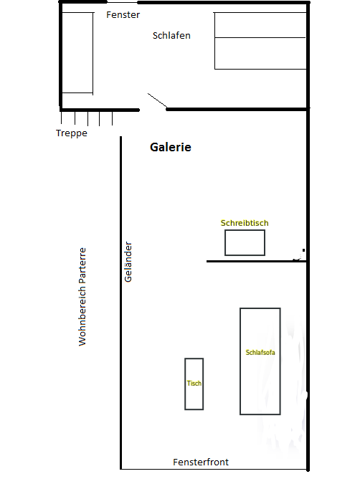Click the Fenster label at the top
tap(123, 15)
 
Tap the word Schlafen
tap(171, 35)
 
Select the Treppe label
tap(72, 133)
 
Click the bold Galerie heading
tap(171, 147)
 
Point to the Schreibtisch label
tap(245, 223)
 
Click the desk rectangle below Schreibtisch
tap(245, 242)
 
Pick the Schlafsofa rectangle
tap(260, 380)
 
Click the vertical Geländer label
tap(129, 261)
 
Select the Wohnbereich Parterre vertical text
tap(82, 297)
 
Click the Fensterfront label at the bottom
tap(201, 462)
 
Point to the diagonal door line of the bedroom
tap(158, 101)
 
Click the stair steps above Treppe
tap(87, 118)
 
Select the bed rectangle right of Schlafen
tap(260, 41)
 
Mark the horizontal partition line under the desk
tap(256, 261)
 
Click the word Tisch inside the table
tap(194, 384)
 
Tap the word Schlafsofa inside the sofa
tap(260, 352)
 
